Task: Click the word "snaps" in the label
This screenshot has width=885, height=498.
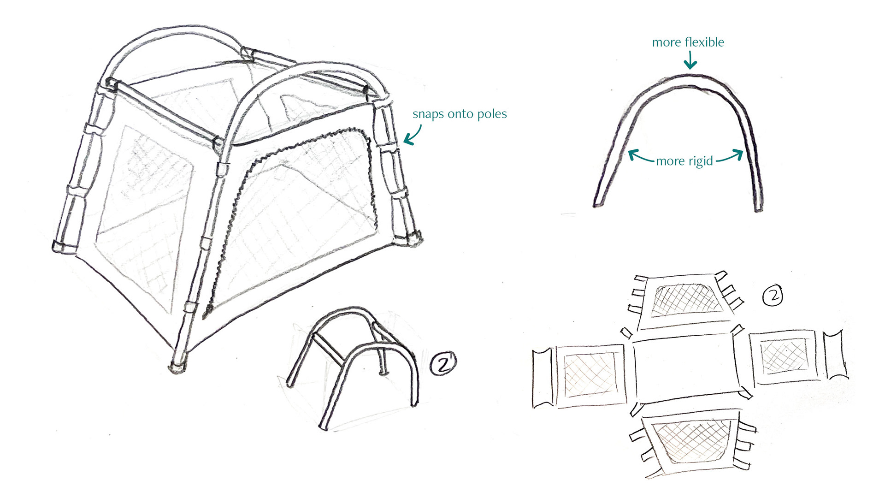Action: [x=428, y=114]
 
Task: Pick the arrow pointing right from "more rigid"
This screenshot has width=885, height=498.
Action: [x=731, y=157]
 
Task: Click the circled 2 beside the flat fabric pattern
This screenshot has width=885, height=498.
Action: [x=773, y=296]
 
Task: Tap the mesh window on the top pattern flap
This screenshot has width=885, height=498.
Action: [x=687, y=300]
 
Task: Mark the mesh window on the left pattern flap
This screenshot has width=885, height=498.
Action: [x=590, y=374]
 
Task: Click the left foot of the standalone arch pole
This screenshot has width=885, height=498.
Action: [x=598, y=203]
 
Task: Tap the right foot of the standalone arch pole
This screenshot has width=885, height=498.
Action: [x=758, y=207]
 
